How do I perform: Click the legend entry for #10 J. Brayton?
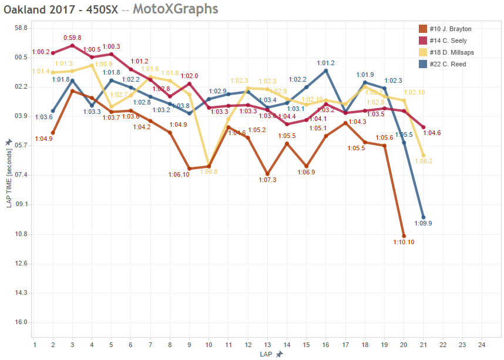[450, 29]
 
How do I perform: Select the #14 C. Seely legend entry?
[447, 41]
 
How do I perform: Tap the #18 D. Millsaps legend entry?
[451, 52]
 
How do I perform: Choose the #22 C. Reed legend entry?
[447, 64]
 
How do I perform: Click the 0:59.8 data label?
[72, 38]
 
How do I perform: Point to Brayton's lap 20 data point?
[404, 235]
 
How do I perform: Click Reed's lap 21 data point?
[424, 218]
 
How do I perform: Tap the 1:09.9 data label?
[423, 223]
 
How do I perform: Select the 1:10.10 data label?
[404, 242]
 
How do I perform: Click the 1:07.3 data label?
[267, 180]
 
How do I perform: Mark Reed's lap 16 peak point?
[326, 70]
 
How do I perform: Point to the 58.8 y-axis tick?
[21, 28]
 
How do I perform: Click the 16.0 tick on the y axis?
[21, 322]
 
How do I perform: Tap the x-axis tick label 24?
[482, 345]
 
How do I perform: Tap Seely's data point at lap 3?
[72, 45]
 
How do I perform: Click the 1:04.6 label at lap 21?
[432, 133]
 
